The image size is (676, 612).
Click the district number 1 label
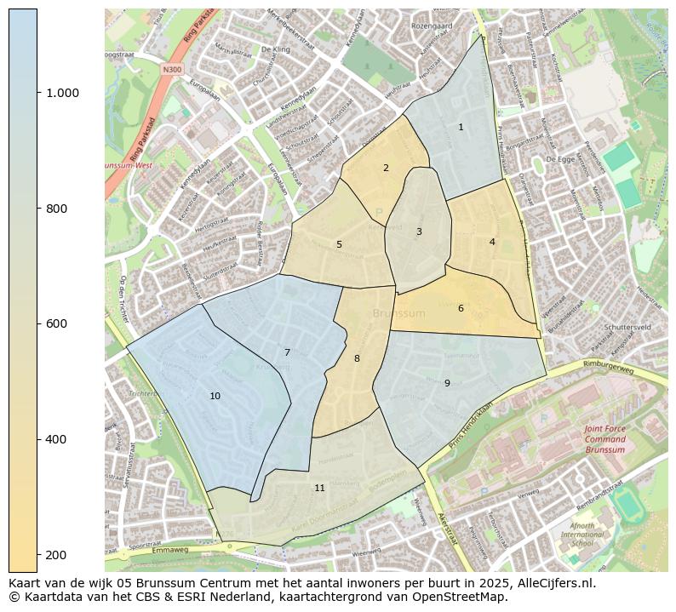(461, 127)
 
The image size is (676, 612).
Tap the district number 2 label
(386, 168)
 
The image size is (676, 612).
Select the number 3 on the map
(419, 232)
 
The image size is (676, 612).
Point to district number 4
(492, 242)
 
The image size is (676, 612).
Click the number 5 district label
(339, 244)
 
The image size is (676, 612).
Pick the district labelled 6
(461, 308)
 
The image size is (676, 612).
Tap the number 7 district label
(287, 352)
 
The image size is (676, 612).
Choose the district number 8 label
(357, 358)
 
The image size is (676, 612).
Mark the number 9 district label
(447, 383)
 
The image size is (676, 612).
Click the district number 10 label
(215, 396)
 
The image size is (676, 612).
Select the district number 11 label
(319, 488)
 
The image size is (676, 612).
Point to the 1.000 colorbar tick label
(62, 93)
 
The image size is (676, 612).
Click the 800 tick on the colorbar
(56, 209)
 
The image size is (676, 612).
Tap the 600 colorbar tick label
(56, 323)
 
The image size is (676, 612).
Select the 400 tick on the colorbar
(56, 439)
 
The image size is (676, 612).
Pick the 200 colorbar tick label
(56, 555)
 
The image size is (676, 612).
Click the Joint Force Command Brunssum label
(604, 439)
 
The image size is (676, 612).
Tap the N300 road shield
(173, 69)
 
